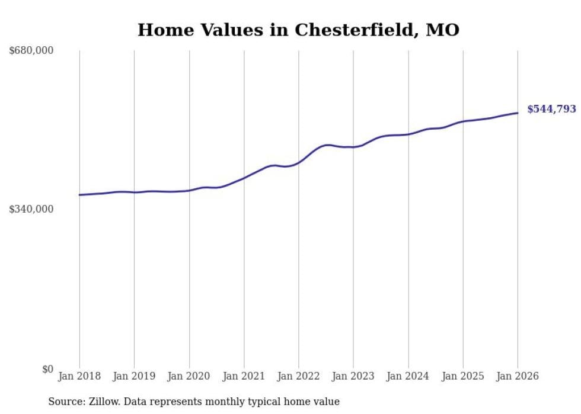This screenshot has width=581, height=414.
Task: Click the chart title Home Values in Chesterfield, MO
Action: (298, 30)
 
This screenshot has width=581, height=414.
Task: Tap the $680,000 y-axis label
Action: (31, 51)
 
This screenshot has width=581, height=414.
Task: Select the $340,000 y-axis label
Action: (31, 209)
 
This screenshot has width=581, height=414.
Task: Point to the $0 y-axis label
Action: (48, 369)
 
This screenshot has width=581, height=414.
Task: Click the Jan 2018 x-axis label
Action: (79, 376)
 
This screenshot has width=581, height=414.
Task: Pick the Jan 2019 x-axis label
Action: (134, 376)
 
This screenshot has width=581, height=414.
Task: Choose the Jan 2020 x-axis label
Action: (189, 376)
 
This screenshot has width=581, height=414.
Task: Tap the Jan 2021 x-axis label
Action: (244, 376)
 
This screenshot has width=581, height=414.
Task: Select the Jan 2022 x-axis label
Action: (299, 376)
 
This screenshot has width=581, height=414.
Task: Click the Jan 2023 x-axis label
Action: (353, 376)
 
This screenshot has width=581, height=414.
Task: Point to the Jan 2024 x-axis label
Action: (408, 376)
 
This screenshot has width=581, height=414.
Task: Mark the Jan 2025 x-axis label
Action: (463, 376)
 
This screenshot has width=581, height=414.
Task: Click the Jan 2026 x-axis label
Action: (518, 376)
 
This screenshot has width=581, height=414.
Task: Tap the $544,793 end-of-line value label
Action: (551, 109)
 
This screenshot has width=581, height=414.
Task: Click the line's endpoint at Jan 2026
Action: (518, 113)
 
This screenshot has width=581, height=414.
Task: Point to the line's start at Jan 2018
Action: (79, 195)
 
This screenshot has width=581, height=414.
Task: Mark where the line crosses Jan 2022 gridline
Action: (299, 161)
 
